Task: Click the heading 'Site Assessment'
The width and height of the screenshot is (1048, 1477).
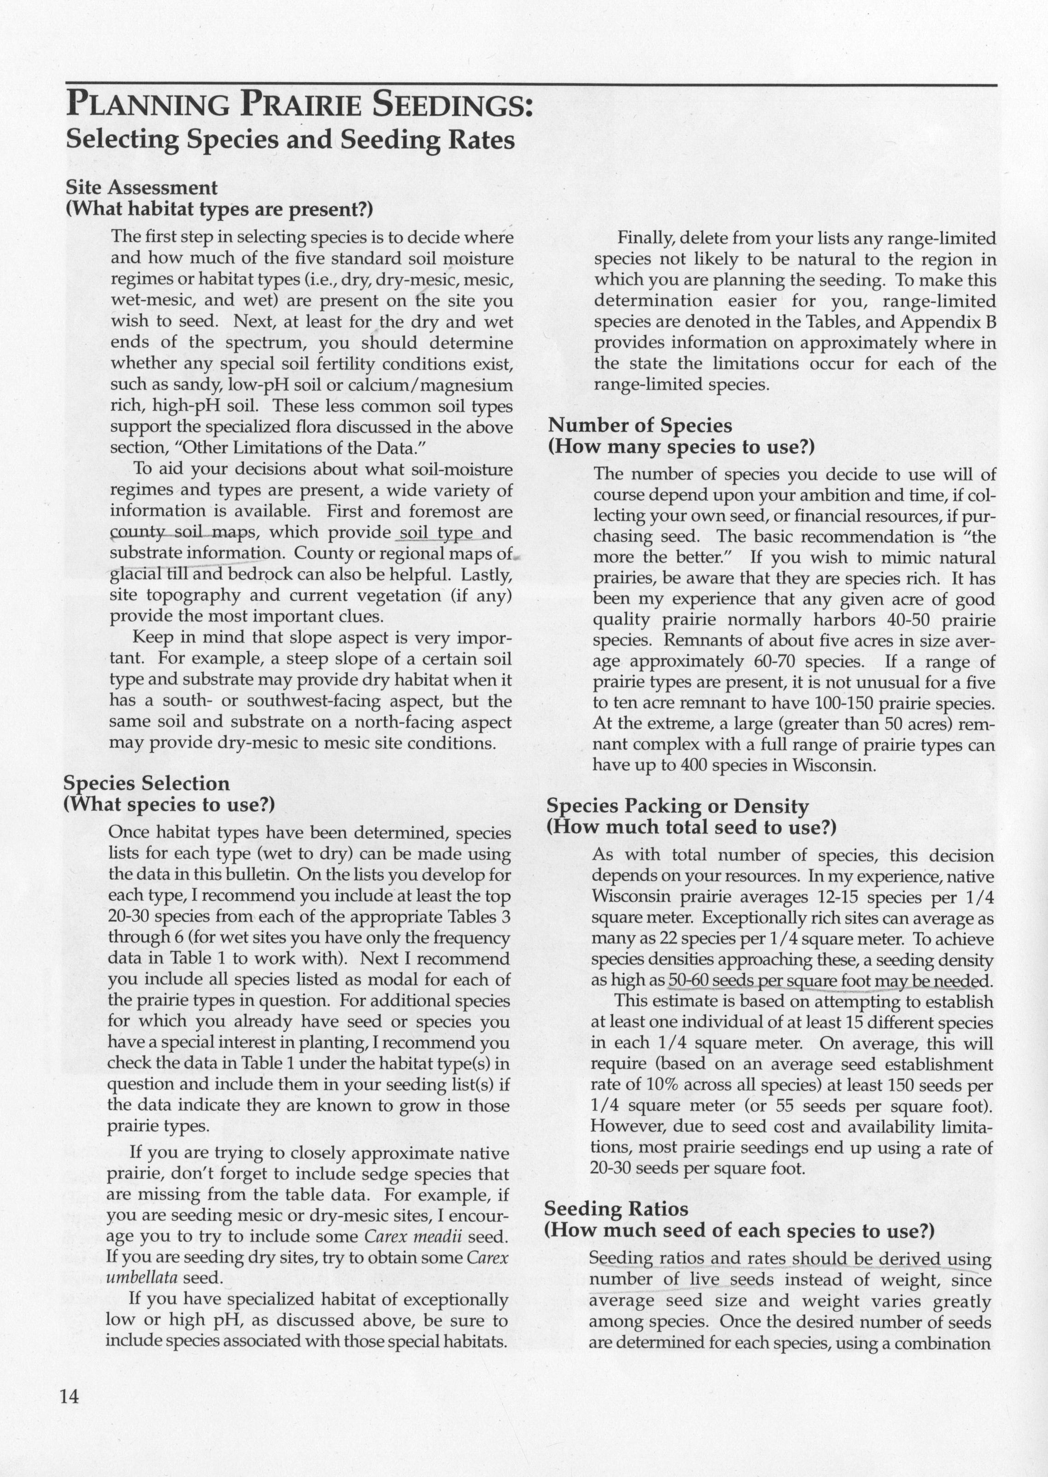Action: [142, 188]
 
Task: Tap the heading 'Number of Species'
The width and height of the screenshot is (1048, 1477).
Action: [640, 425]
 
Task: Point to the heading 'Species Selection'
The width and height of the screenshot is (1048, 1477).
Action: [146, 783]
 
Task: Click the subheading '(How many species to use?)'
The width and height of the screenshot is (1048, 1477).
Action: [681, 447]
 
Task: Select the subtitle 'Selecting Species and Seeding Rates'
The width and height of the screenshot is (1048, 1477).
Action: [291, 140]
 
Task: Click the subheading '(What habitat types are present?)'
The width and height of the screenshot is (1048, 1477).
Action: [220, 209]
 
